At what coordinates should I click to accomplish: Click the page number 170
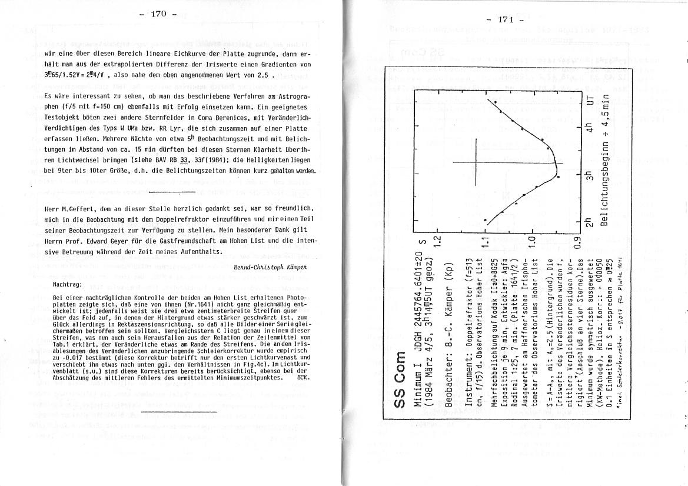(159, 14)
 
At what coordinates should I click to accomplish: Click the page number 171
(505, 19)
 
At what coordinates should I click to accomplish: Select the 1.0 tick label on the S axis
(531, 241)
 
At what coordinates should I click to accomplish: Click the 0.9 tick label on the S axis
(578, 241)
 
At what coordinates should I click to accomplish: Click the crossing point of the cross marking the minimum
(477, 162)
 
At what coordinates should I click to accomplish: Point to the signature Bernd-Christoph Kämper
(270, 267)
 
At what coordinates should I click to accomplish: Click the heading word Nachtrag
(68, 284)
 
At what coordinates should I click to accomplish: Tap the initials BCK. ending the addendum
(304, 393)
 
